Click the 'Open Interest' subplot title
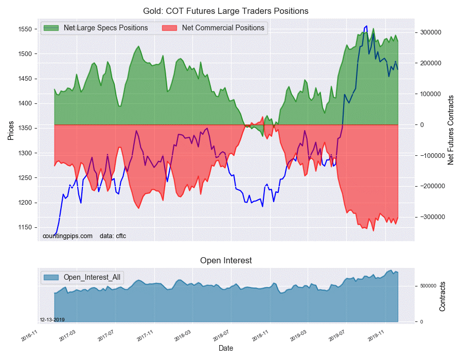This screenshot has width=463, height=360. point(226,260)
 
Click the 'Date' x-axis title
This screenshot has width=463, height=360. point(226,348)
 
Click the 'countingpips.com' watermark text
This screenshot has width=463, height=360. point(67,236)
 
